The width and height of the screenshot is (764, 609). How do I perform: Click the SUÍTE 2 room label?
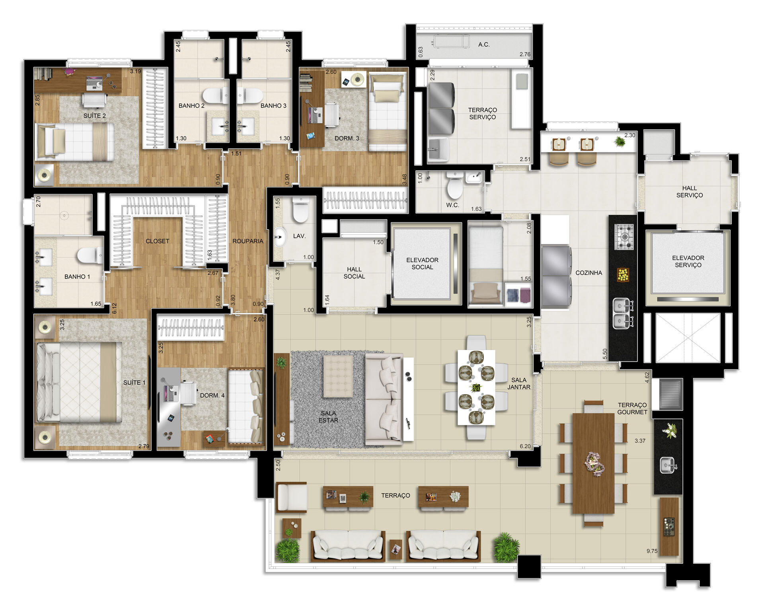(x=95, y=116)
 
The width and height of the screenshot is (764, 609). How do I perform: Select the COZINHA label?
(x=589, y=273)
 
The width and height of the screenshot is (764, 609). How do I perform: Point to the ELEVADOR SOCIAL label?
(x=422, y=264)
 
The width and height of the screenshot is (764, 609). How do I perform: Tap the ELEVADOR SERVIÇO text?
(x=688, y=261)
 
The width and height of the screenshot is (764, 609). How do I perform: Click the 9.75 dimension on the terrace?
(x=652, y=551)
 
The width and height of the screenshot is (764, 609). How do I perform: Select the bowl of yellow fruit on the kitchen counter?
(x=623, y=274)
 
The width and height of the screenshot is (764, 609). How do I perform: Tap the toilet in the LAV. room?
(x=300, y=210)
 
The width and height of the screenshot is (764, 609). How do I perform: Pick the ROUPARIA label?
(x=248, y=241)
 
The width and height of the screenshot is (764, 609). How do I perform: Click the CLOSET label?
(x=157, y=241)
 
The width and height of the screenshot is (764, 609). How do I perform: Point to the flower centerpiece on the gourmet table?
(x=594, y=464)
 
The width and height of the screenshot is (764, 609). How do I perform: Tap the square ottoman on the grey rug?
(x=338, y=376)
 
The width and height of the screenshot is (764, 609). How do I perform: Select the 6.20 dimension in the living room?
(x=525, y=446)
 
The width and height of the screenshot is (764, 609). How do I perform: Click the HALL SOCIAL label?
(x=354, y=273)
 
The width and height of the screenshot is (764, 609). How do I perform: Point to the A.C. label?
(x=484, y=45)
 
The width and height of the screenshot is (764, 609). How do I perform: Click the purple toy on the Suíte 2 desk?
(x=70, y=72)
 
